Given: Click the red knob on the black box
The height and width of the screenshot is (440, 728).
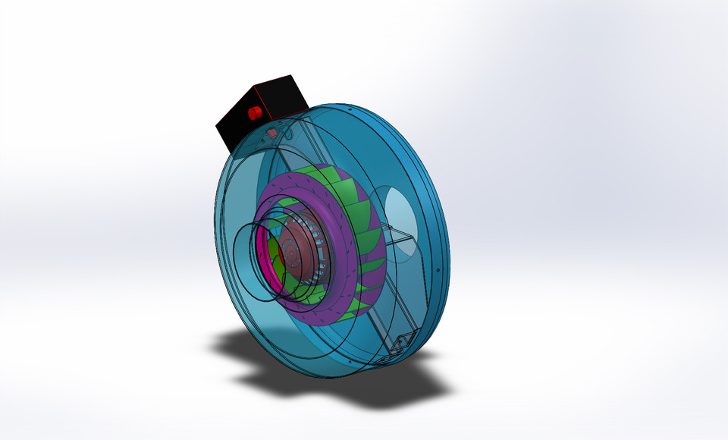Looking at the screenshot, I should [254, 113].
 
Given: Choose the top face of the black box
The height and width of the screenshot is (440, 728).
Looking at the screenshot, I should [265, 91].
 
